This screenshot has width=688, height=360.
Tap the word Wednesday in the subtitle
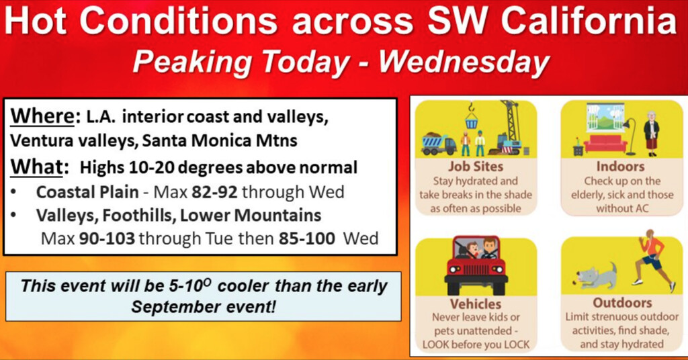pyautogui.click(x=464, y=61)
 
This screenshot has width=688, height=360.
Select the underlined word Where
pyautogui.click(x=42, y=117)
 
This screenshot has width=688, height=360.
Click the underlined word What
pyautogui.click(x=37, y=167)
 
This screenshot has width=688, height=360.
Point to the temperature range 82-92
pyautogui.click(x=214, y=192)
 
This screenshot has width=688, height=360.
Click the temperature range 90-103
pyautogui.click(x=107, y=238)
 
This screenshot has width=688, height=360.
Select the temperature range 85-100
pyautogui.click(x=306, y=238)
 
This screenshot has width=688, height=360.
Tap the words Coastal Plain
pyautogui.click(x=87, y=193)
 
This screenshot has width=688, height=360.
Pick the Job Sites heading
pyautogui.click(x=476, y=167)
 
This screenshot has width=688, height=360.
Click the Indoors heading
pyautogui.click(x=620, y=167)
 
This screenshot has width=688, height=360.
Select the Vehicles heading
pyautogui.click(x=476, y=304)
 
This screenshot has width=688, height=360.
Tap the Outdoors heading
pyautogui.click(x=622, y=302)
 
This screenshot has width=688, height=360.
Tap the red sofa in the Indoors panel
pyautogui.click(x=605, y=143)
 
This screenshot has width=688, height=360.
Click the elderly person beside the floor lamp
pyautogui.click(x=652, y=133)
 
